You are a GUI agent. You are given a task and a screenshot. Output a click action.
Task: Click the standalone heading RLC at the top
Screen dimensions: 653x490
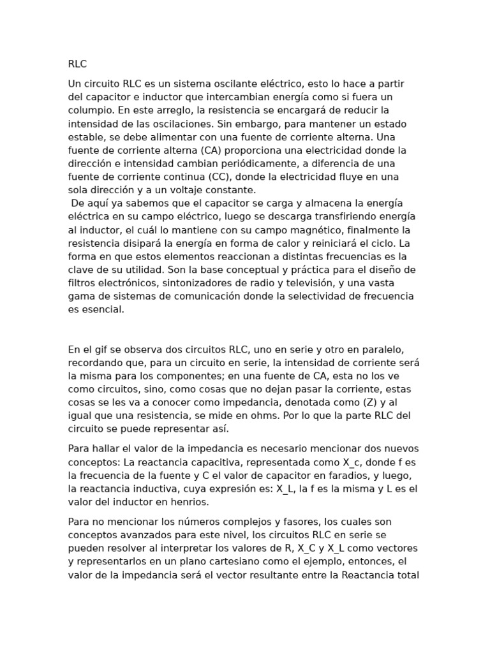77,64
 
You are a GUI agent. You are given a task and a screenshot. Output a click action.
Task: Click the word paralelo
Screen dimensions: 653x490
378,349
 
